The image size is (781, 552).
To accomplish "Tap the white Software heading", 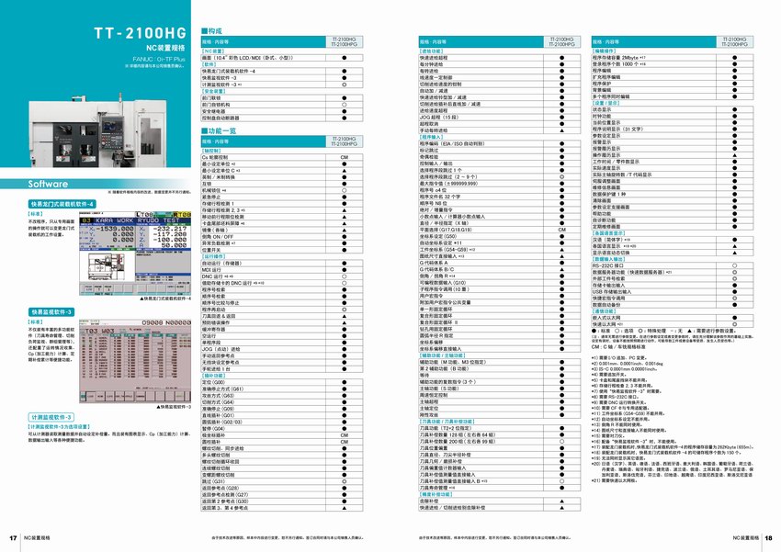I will [45, 185].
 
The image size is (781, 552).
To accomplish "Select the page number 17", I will [13, 537].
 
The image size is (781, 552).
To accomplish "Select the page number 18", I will [767, 537].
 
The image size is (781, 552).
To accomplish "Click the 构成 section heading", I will [212, 31].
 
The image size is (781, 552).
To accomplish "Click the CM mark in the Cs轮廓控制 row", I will [344, 159].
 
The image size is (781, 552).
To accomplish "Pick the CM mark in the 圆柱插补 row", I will [344, 442].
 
